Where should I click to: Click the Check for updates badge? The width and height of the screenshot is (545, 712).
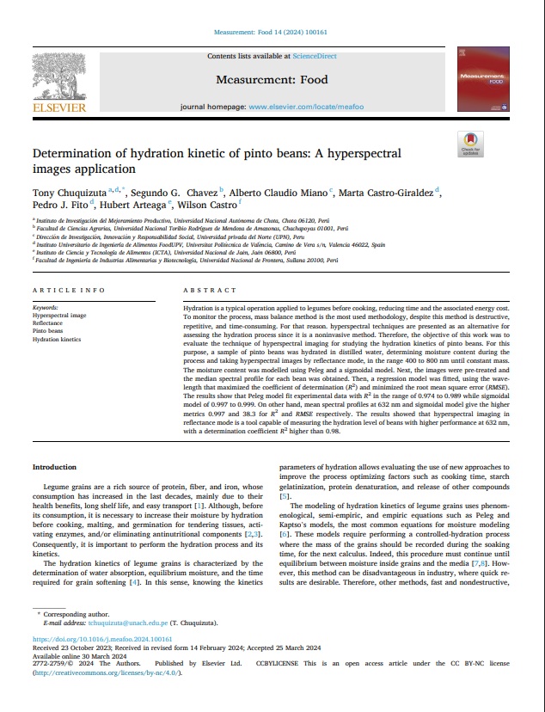point(471,144)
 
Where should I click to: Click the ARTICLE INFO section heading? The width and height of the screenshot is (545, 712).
point(68,291)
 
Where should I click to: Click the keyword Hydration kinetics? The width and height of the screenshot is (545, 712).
point(57,339)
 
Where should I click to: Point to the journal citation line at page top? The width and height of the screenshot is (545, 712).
point(272,33)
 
